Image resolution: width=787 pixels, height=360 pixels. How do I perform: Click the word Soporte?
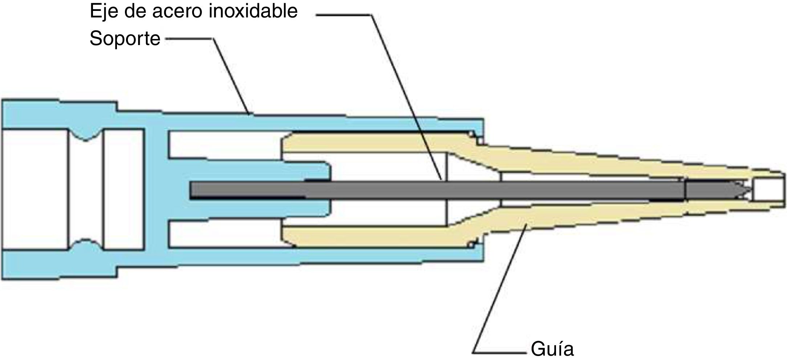click(125, 39)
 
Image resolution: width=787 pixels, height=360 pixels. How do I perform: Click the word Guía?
click(552, 349)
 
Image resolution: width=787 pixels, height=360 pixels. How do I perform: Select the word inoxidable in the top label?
click(253, 11)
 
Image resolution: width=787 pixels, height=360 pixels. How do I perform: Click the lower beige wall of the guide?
click(363, 236)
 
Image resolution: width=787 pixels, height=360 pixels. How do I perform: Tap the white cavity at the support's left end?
click(35, 189)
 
